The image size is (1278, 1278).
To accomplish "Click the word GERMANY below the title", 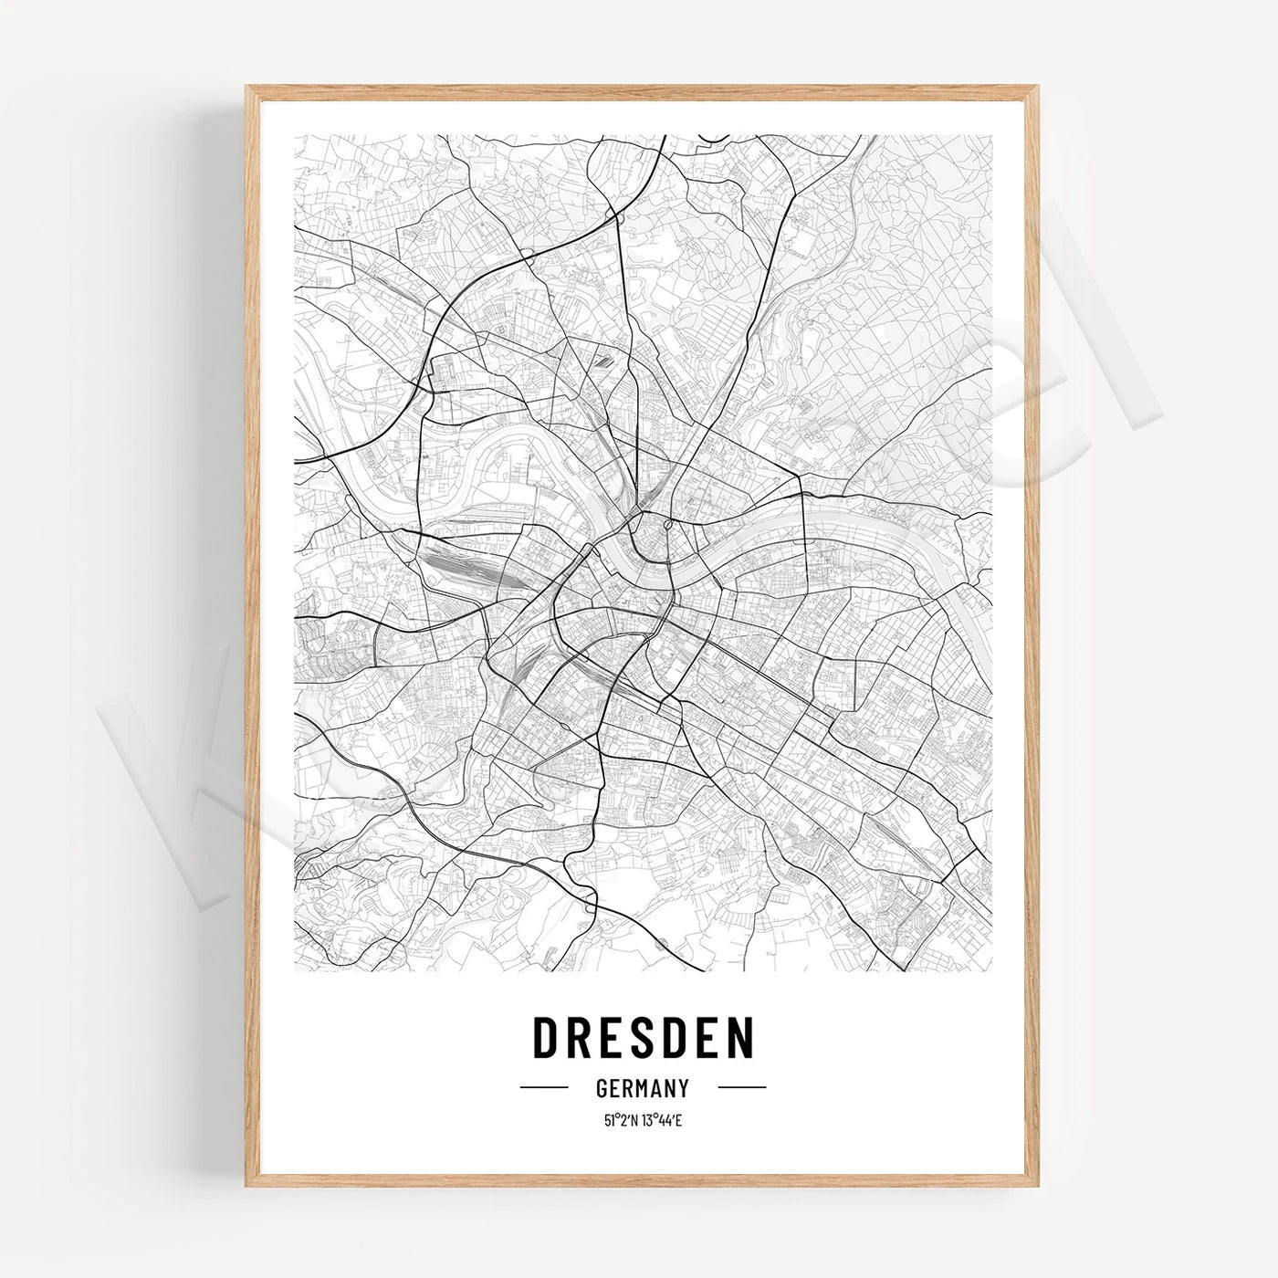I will coord(642,1088).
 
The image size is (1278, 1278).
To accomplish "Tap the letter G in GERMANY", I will coord(602,1088).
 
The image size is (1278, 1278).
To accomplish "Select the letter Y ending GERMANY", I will coord(682,1088).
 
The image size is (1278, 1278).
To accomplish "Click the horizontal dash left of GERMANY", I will coord(544,1088).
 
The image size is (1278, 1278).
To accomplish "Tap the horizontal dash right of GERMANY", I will coord(741,1088).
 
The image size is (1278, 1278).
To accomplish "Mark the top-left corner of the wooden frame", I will coord(247,88).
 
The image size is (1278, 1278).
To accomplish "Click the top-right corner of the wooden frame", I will coord(1036,88).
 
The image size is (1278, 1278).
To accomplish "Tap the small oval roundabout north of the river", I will coord(669,525).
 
